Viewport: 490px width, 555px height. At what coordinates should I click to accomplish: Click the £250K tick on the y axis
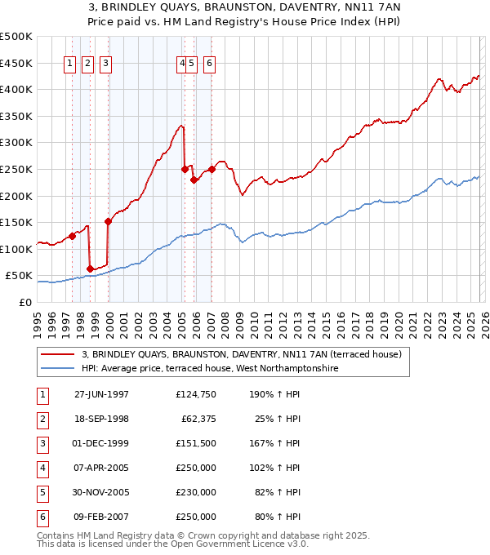click(x=16, y=169)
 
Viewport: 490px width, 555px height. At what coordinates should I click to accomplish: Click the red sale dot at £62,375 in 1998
click(x=90, y=269)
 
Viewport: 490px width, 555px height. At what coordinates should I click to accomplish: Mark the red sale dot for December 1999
click(x=108, y=220)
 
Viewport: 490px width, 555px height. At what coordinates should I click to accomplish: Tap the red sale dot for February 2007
click(x=212, y=169)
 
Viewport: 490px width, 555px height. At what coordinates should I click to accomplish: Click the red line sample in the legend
click(x=58, y=355)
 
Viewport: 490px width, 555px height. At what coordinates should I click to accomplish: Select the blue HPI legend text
click(x=209, y=369)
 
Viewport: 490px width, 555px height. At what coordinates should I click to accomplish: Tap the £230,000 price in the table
click(x=196, y=492)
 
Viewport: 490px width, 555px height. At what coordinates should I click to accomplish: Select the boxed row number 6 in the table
click(x=42, y=517)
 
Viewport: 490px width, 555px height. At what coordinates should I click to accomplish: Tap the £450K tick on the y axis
click(x=16, y=63)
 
